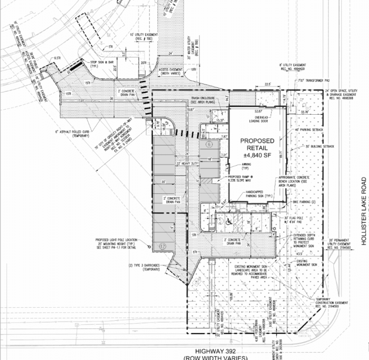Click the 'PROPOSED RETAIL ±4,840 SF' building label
[257, 147]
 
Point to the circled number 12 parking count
[162, 245]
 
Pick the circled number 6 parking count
[209, 144]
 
